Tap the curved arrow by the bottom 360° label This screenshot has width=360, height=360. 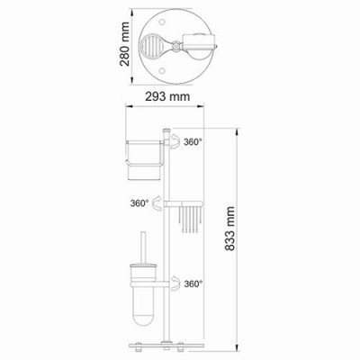point(175,283)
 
